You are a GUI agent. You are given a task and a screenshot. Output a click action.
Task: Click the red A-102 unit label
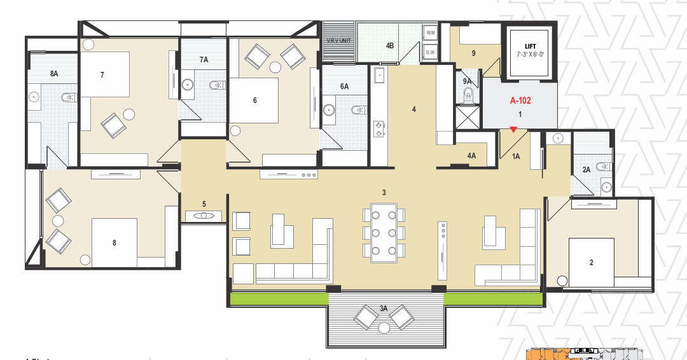(x=520, y=100)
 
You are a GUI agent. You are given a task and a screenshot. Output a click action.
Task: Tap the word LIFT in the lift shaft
(x=529, y=46)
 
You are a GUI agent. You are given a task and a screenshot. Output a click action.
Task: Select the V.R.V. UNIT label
(x=339, y=41)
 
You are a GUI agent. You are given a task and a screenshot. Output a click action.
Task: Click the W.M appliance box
(x=430, y=32)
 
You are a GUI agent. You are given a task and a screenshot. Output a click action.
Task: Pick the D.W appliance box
(x=430, y=52)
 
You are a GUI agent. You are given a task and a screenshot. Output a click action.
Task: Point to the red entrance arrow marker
(x=513, y=130)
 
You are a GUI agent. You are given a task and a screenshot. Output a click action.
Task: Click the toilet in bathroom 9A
(x=469, y=96)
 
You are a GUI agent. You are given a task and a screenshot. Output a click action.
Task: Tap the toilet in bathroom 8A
(x=66, y=97)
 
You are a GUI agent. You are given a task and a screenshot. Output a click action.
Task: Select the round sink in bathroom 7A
(x=188, y=84)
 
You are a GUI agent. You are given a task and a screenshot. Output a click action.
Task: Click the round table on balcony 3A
(x=384, y=328)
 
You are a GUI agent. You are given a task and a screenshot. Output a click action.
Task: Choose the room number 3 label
(x=384, y=192)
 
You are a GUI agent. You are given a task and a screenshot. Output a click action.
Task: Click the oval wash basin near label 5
(x=204, y=216)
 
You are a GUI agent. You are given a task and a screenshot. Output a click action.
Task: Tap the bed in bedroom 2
(x=591, y=262)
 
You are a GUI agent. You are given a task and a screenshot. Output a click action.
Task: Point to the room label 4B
(x=390, y=46)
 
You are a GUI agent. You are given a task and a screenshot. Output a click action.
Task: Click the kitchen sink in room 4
(x=379, y=76)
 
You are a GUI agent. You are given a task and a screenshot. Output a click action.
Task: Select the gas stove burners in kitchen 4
(x=379, y=129)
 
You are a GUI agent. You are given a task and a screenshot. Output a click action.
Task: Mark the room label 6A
(x=344, y=87)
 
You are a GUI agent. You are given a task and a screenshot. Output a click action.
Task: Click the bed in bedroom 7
(x=105, y=75)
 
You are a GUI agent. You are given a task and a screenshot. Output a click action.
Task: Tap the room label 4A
(x=471, y=156)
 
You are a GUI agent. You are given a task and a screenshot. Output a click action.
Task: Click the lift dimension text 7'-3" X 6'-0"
(x=529, y=55)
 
